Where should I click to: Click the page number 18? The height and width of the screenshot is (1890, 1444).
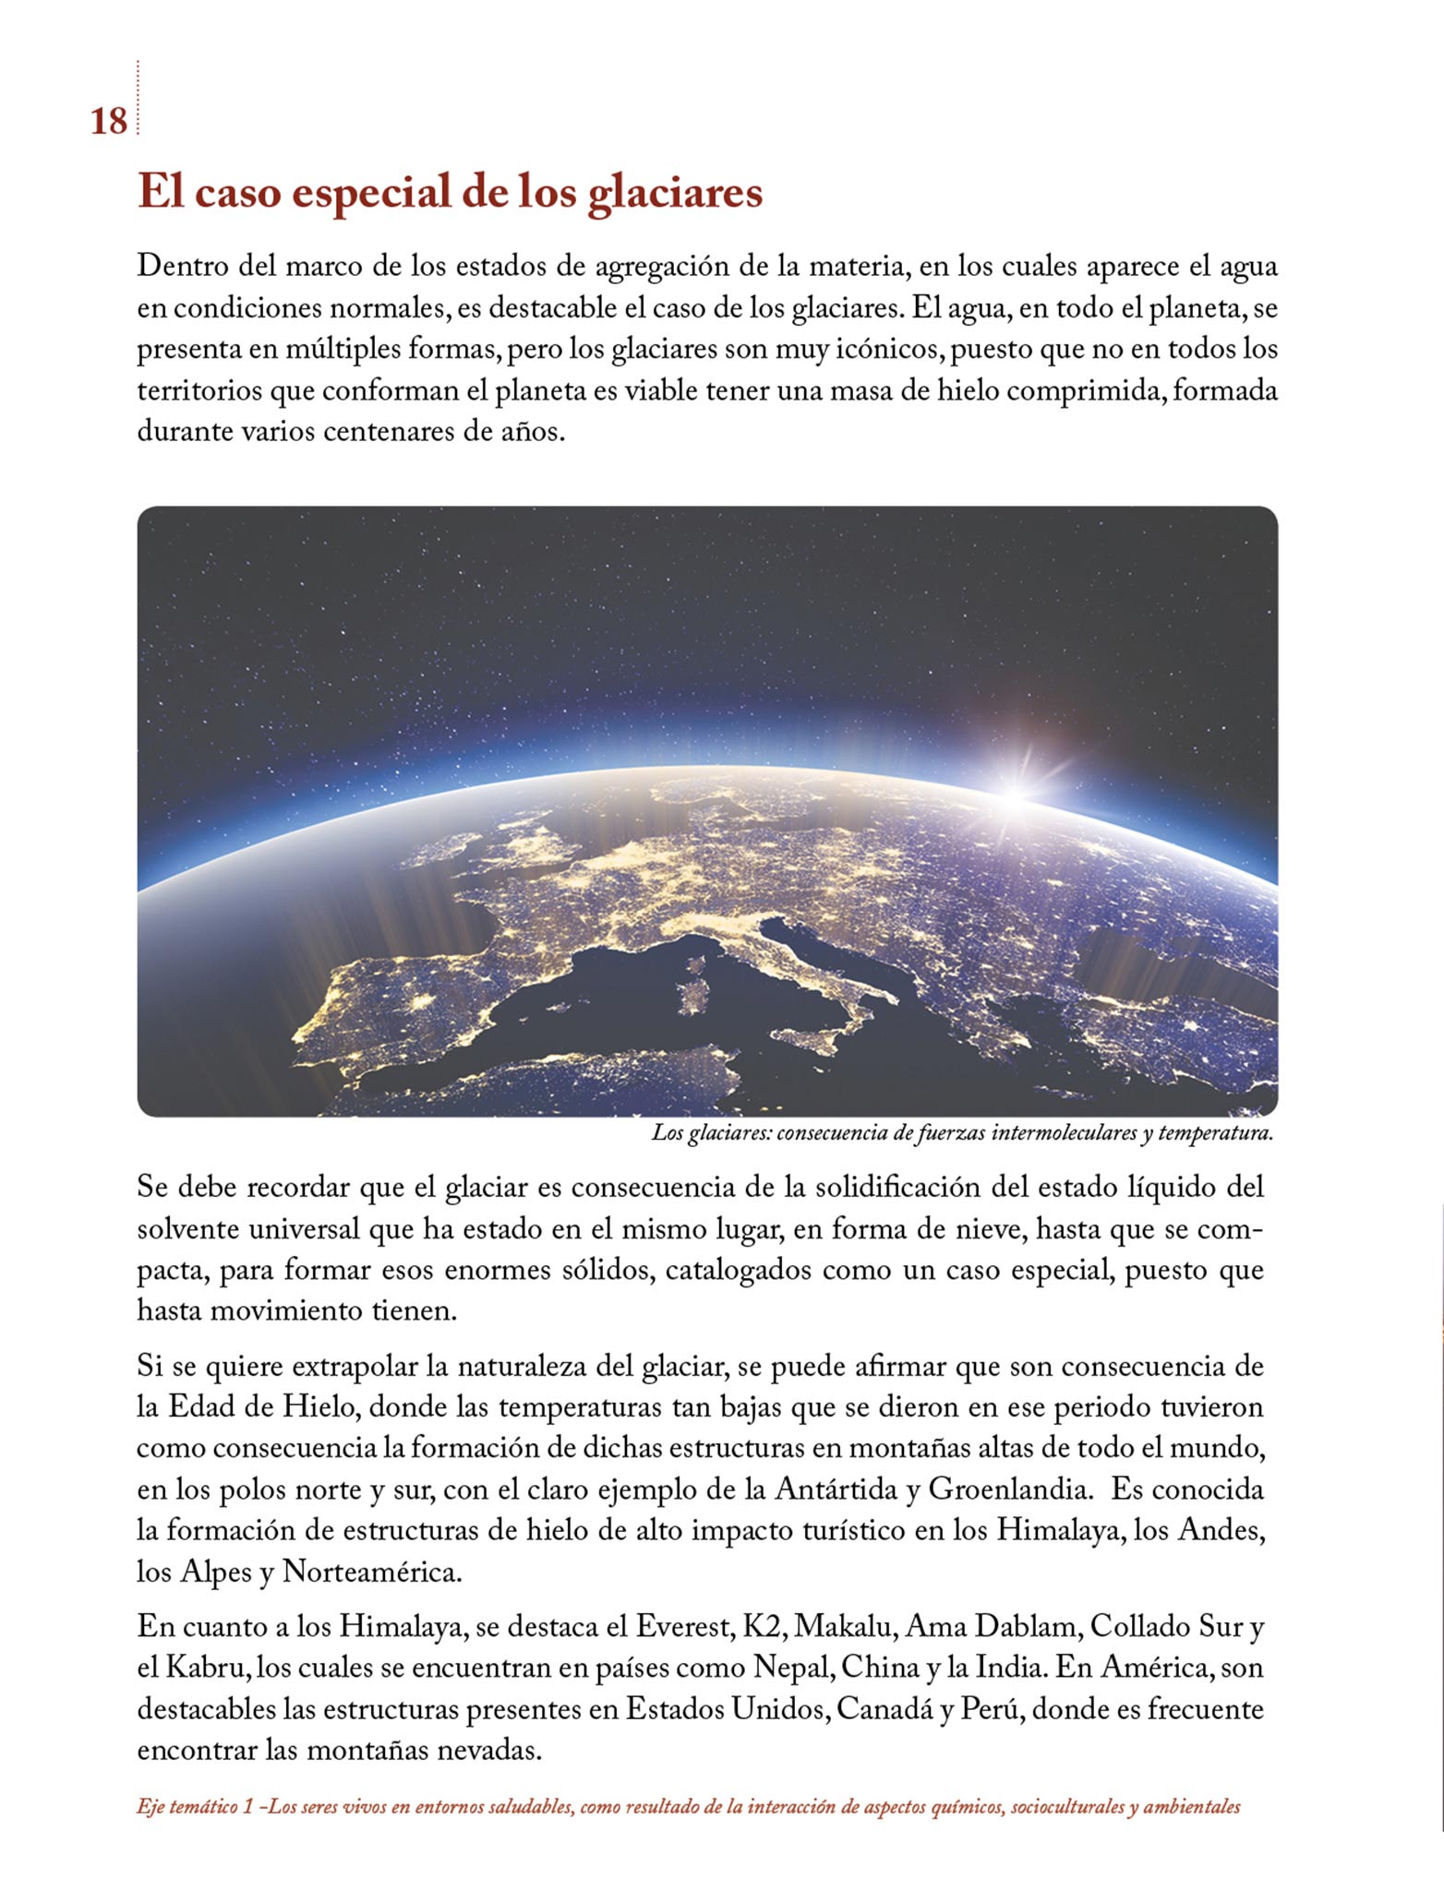108,122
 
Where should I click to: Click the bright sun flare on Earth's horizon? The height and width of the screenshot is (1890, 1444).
1016,794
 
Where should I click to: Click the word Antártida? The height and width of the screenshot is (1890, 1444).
840,1489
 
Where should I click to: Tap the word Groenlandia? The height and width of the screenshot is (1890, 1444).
1005,1489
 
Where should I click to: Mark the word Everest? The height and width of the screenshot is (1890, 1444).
684,1627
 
